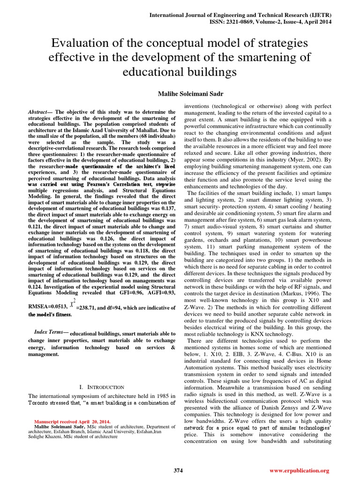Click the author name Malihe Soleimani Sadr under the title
pos(180,94)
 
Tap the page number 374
pos(179,470)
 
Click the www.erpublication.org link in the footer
pos(306,470)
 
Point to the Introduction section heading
pos(102,387)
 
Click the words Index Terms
pos(51,332)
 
